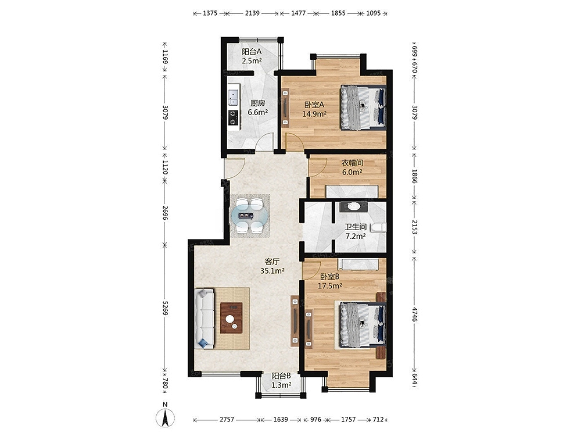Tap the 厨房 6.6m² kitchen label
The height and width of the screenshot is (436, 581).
pyautogui.click(x=257, y=108)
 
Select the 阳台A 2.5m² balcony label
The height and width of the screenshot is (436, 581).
pyautogui.click(x=252, y=56)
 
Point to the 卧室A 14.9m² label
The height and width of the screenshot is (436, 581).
pyautogui.click(x=314, y=109)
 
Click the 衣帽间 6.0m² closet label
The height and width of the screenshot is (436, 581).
pyautogui.click(x=352, y=167)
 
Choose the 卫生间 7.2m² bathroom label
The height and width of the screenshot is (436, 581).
pyautogui.click(x=356, y=231)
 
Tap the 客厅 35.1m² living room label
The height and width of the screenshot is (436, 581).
pyautogui.click(x=272, y=266)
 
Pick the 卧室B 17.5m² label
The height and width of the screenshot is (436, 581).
pyautogui.click(x=330, y=281)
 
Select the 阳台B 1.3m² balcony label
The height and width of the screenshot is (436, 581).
pyautogui.click(x=281, y=380)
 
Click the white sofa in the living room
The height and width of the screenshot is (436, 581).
pyautogui.click(x=205, y=319)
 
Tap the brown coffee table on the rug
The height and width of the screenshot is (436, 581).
pyautogui.click(x=232, y=318)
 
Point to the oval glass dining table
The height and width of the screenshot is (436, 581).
pyautogui.click(x=249, y=216)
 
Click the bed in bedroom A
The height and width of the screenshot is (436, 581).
pyautogui.click(x=363, y=108)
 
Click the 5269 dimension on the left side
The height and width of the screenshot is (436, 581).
pyautogui.click(x=165, y=307)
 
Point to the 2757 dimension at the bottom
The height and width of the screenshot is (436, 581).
pyautogui.click(x=227, y=419)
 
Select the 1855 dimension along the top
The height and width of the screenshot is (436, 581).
pyautogui.click(x=338, y=13)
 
